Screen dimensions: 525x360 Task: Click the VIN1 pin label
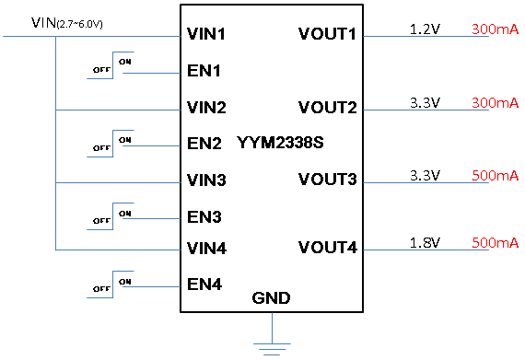pyautogui.click(x=206, y=34)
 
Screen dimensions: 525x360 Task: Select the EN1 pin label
pyautogui.click(x=204, y=71)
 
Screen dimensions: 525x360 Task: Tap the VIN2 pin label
pyautogui.click(x=206, y=108)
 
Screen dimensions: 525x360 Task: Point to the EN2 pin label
pyautogui.click(x=204, y=144)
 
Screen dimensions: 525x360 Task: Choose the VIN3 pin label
pyautogui.click(x=206, y=180)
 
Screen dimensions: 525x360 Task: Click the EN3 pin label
pyautogui.click(x=204, y=216)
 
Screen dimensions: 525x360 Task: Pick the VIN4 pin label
pyautogui.click(x=206, y=249)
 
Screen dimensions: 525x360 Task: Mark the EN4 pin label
pyautogui.click(x=204, y=285)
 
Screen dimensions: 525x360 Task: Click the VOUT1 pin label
pyautogui.click(x=327, y=34)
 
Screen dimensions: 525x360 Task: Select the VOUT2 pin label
pyautogui.click(x=328, y=108)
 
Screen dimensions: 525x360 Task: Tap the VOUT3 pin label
pyautogui.click(x=328, y=180)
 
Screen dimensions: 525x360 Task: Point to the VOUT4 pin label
pyautogui.click(x=328, y=248)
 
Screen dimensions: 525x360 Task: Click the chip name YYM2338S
pyautogui.click(x=280, y=143)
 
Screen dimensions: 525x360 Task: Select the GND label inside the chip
pyautogui.click(x=271, y=297)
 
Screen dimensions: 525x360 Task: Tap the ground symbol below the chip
pyautogui.click(x=272, y=349)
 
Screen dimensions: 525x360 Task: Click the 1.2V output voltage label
pyautogui.click(x=425, y=29)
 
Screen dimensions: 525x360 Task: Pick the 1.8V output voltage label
pyautogui.click(x=425, y=242)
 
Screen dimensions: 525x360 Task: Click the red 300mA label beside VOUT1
pyautogui.click(x=496, y=29)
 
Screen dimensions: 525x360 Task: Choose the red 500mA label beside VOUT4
pyautogui.click(x=496, y=242)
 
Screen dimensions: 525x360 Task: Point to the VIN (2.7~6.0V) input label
pyautogui.click(x=67, y=23)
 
